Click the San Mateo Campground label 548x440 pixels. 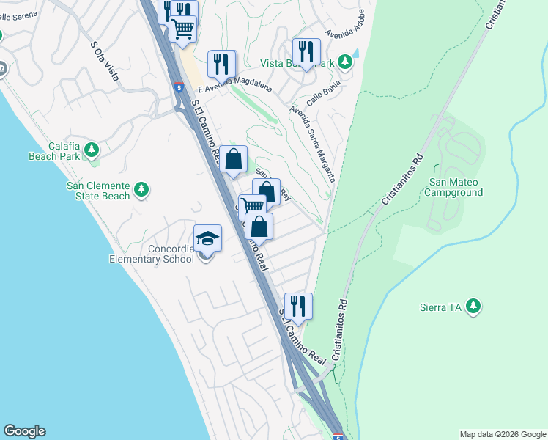click(456, 188)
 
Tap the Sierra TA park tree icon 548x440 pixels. click(474, 306)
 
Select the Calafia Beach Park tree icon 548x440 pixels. click(91, 150)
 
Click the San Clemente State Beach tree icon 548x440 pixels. click(141, 190)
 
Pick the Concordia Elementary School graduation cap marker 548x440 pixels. click(207, 238)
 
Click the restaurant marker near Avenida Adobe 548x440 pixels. click(306, 51)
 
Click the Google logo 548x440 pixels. click(24, 431)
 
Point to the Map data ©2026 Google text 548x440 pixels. click(502, 434)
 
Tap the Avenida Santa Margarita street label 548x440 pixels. click(313, 144)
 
